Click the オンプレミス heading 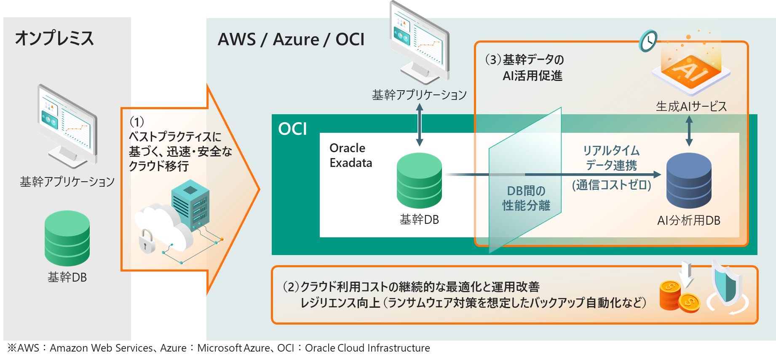(x=54, y=38)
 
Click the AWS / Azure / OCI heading (x=291, y=40)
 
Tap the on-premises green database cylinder (x=67, y=238)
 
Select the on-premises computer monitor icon (x=67, y=124)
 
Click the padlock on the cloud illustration (x=147, y=241)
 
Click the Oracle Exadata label (x=351, y=156)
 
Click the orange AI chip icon (x=690, y=70)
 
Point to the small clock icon (x=648, y=41)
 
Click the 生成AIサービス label (x=691, y=107)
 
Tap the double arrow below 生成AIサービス (x=689, y=131)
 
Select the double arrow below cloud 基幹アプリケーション (x=420, y=125)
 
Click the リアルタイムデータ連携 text (x=611, y=158)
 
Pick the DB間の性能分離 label (x=526, y=198)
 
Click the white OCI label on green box (x=292, y=129)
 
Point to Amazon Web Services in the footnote (x=101, y=348)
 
